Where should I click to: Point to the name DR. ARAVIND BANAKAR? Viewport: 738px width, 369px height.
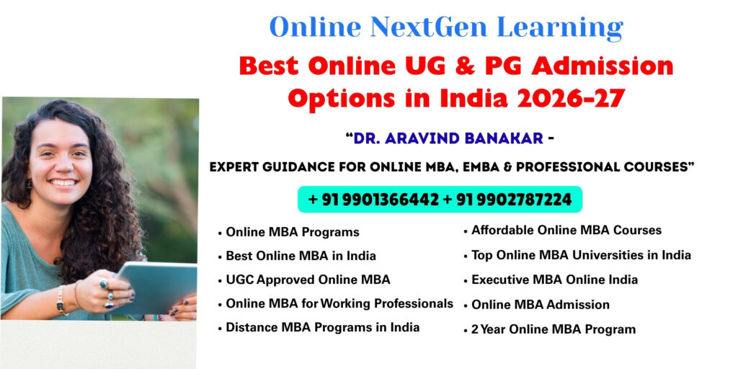click(447, 138)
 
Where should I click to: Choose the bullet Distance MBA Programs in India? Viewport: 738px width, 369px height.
click(322, 327)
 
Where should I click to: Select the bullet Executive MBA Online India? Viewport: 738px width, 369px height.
click(554, 280)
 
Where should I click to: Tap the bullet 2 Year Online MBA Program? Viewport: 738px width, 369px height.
click(553, 329)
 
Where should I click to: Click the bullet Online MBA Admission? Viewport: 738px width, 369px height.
click(541, 304)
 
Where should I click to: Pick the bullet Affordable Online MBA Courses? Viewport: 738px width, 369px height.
click(566, 231)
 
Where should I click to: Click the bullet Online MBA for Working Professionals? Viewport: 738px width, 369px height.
click(339, 303)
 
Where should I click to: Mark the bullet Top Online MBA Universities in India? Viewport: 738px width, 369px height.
click(581, 255)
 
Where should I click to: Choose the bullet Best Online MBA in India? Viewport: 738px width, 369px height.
click(301, 256)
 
